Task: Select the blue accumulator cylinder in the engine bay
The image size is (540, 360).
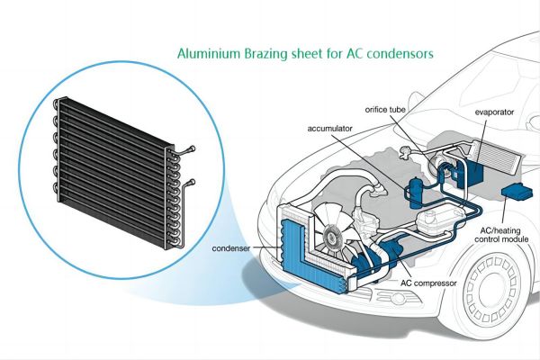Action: [416, 189]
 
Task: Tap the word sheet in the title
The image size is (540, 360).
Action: [314, 54]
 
